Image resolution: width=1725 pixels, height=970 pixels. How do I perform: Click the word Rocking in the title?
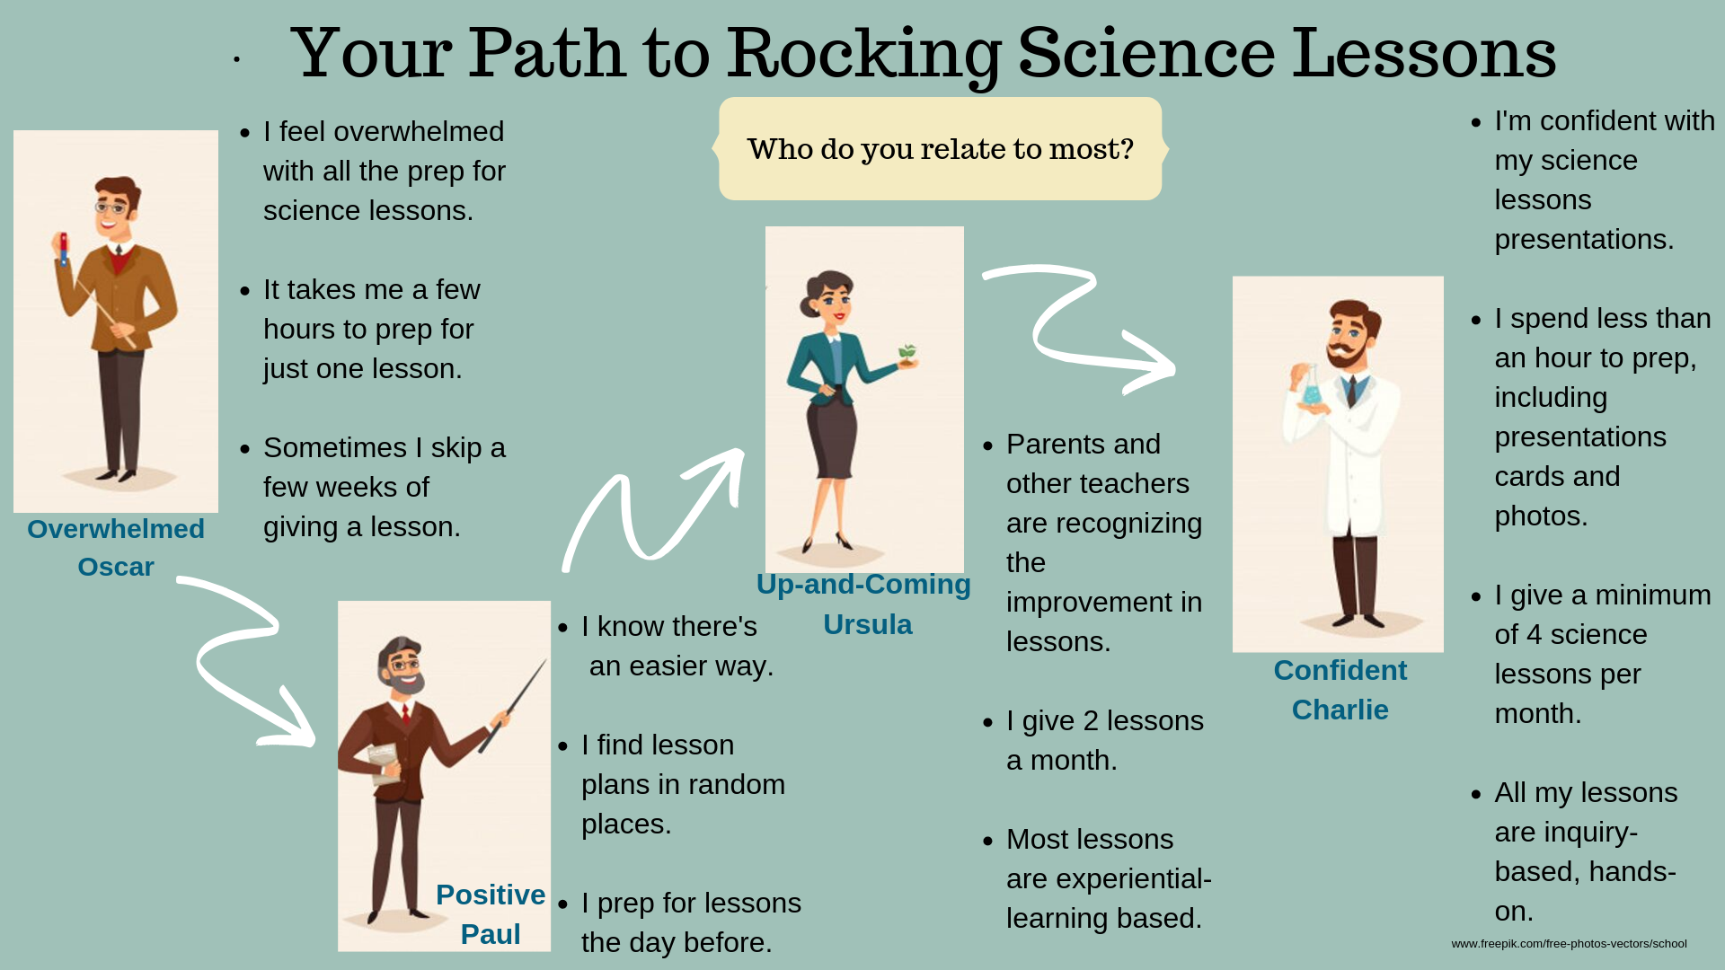click(863, 54)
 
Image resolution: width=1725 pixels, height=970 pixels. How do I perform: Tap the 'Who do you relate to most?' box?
click(940, 149)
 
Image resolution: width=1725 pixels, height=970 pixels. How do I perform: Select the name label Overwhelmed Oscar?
click(116, 548)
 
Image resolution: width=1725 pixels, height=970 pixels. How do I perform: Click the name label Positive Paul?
click(491, 914)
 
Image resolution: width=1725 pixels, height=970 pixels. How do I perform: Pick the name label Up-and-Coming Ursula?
click(864, 604)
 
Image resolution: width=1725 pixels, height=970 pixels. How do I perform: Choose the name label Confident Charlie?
click(1340, 690)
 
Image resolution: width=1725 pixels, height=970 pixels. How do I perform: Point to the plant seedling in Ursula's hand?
click(908, 354)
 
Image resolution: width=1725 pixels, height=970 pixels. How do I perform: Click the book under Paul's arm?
click(383, 762)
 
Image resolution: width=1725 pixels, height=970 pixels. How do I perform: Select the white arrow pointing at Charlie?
click(1078, 328)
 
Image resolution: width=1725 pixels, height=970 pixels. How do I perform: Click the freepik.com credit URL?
click(1569, 944)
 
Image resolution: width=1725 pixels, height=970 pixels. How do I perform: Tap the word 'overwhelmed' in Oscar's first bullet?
click(392, 132)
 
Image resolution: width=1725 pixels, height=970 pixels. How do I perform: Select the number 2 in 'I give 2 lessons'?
click(1091, 721)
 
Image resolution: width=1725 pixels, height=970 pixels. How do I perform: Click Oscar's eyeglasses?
click(112, 207)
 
